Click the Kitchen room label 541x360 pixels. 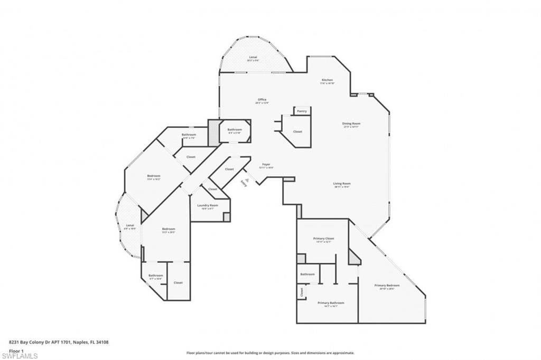click(x=327, y=80)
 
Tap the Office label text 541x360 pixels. click(x=262, y=100)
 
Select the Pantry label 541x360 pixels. click(x=302, y=111)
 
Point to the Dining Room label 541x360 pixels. click(x=351, y=124)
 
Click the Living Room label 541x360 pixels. click(x=342, y=184)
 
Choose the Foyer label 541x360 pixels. click(x=266, y=165)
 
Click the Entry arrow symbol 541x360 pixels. click(x=246, y=180)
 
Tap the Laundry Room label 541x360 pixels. click(x=208, y=205)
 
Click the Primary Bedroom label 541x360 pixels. click(x=387, y=286)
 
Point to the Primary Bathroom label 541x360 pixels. click(x=331, y=303)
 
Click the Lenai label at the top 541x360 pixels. click(x=253, y=57)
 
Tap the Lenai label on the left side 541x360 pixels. click(x=130, y=225)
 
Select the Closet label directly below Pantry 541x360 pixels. click(x=297, y=131)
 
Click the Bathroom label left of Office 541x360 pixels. click(x=235, y=130)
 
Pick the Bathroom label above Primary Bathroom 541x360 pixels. click(x=307, y=274)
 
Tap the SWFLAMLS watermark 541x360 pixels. click(x=19, y=356)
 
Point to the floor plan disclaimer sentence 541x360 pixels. click(x=270, y=353)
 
